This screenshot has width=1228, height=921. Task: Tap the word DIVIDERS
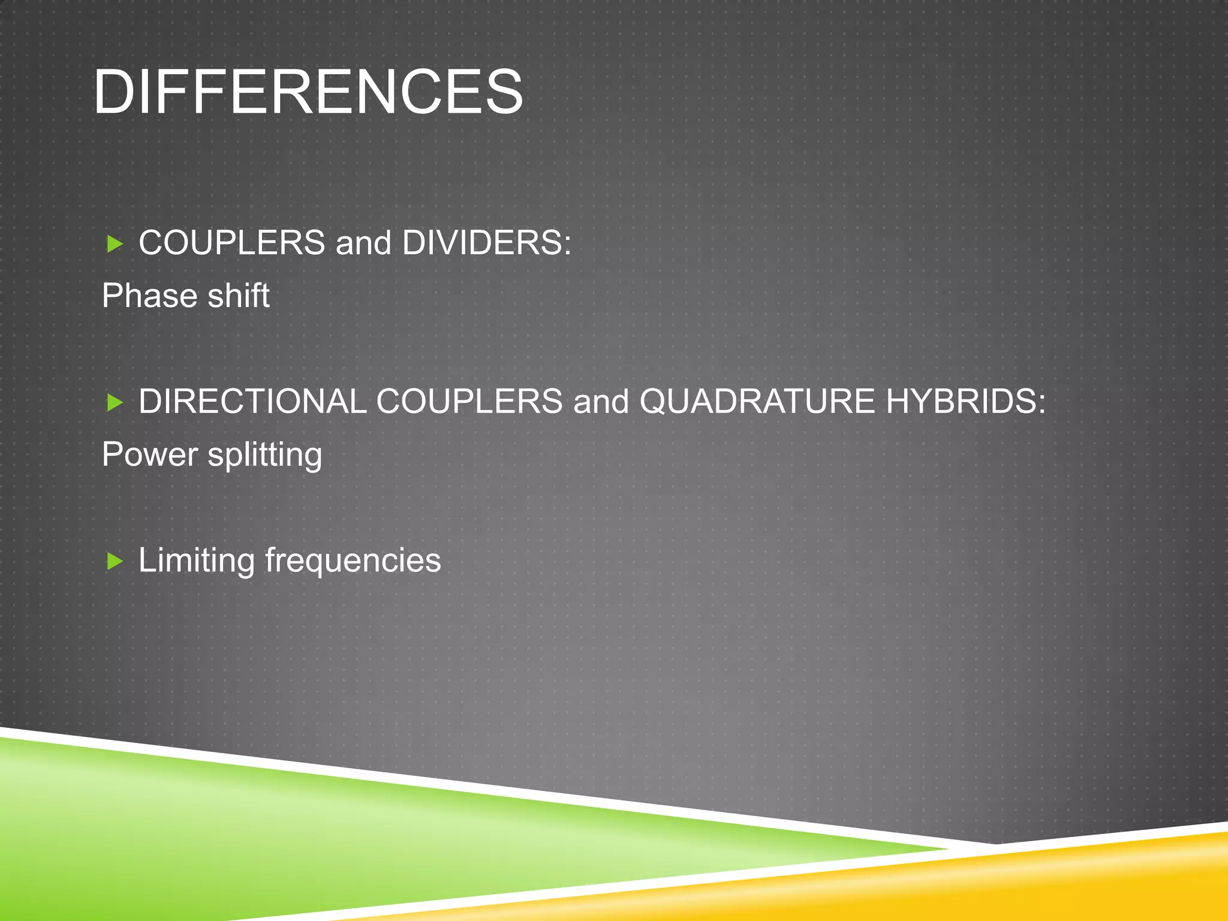click(486, 243)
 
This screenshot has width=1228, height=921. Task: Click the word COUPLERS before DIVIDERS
click(231, 243)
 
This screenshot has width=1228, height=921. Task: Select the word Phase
click(149, 296)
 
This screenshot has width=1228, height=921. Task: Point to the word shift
click(239, 296)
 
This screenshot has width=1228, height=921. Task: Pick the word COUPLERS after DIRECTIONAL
click(469, 401)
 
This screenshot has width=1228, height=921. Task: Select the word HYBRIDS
click(965, 401)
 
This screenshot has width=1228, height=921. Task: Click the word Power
click(149, 454)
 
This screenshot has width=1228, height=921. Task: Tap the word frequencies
click(353, 561)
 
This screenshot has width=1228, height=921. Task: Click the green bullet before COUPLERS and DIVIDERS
click(115, 244)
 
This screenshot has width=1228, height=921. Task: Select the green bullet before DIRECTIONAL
click(115, 402)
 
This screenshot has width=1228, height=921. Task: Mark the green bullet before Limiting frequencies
click(115, 561)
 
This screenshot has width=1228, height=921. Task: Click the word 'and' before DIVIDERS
click(363, 243)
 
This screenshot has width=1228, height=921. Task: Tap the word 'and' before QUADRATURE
click(601, 401)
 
